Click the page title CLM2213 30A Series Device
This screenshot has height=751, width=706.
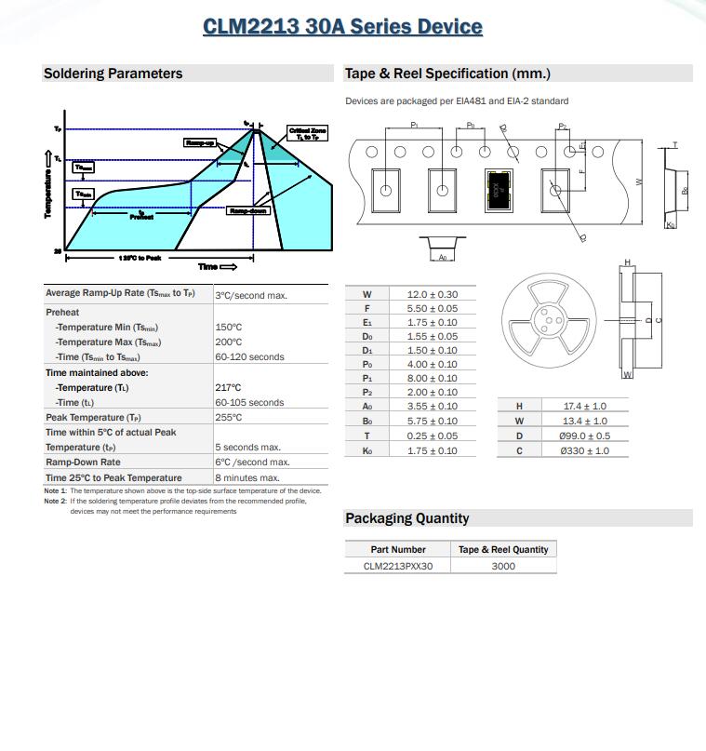click(342, 26)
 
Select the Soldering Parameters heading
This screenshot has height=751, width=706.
click(113, 74)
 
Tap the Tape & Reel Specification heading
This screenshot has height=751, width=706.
click(447, 74)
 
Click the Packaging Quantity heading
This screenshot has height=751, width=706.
click(406, 518)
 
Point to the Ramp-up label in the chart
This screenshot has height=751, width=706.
click(200, 142)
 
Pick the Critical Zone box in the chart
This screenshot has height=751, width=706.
click(308, 134)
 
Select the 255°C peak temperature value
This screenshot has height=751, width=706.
click(229, 418)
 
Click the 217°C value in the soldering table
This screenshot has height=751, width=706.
click(229, 388)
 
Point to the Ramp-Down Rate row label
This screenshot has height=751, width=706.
click(83, 463)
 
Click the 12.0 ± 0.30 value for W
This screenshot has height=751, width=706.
click(433, 295)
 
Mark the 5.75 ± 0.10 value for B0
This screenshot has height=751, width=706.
click(433, 421)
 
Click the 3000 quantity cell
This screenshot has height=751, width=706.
click(503, 565)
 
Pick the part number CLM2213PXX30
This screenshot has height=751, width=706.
click(398, 565)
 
